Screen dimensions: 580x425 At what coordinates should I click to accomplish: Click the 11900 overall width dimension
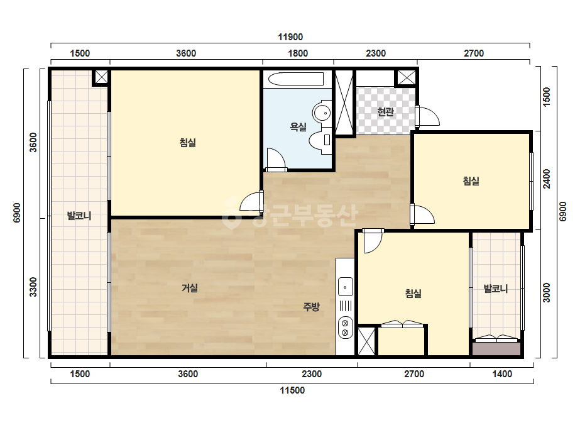coord(290,37)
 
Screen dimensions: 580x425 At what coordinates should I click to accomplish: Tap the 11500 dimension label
coord(292,390)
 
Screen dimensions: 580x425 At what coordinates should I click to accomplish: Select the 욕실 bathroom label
coord(298,128)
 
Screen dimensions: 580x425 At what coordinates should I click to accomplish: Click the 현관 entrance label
coord(385,111)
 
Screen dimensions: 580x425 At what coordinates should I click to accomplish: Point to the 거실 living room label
coord(190,288)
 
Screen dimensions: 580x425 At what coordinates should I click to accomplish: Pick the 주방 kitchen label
coord(311,307)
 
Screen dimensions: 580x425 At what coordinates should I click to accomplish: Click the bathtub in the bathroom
coord(296,79)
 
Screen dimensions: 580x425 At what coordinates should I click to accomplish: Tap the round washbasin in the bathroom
coord(322,111)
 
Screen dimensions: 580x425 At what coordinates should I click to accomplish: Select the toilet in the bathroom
coord(320,140)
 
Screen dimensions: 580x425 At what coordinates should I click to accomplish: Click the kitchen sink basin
coord(346,287)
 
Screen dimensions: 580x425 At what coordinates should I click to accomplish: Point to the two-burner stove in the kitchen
coord(346,328)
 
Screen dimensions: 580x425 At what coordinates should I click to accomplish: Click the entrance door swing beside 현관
coord(427,116)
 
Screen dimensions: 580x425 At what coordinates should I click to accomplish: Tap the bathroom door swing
coord(276,160)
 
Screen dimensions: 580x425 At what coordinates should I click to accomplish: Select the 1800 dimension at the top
coord(298,53)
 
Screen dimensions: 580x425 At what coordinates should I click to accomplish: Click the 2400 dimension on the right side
coord(546,179)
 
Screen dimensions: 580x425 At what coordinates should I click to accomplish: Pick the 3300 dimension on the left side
coord(33,287)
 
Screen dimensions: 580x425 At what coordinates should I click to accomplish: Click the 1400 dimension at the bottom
coord(502,374)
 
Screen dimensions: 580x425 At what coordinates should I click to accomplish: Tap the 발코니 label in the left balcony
coord(79,216)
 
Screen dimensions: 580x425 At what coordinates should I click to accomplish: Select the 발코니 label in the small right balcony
coord(496,289)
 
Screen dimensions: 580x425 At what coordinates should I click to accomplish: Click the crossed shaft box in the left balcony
coord(101,77)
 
